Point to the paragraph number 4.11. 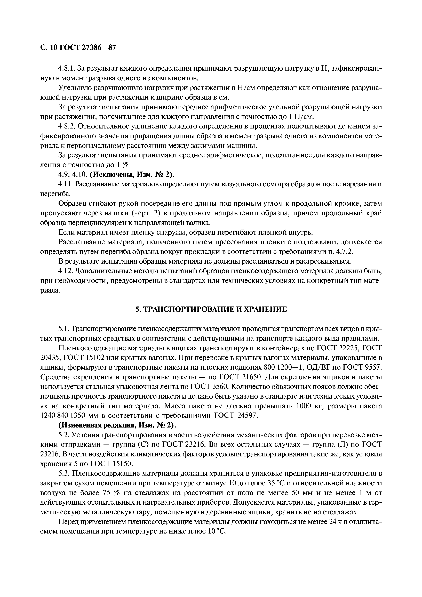pos(66,184)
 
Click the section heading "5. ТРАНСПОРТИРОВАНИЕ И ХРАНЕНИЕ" pos(211,309)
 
